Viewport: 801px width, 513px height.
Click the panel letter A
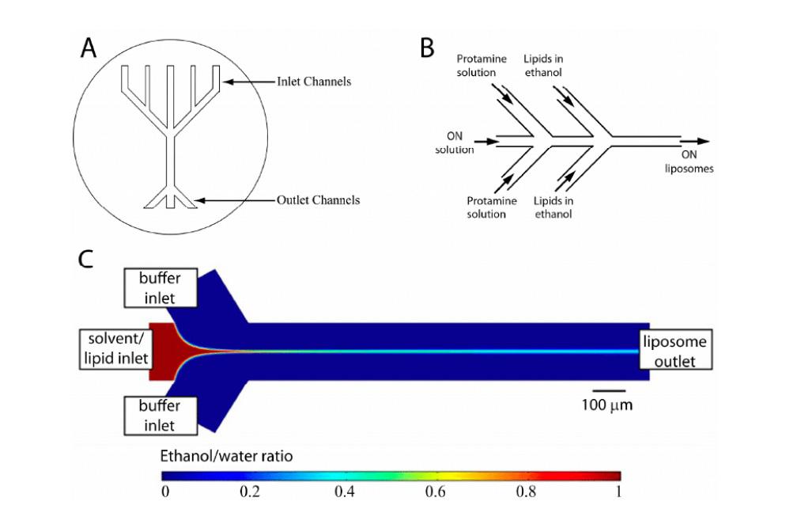pos(89,48)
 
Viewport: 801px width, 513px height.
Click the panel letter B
pos(427,48)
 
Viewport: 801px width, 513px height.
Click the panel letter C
pos(85,260)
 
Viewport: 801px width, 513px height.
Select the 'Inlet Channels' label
pos(314,82)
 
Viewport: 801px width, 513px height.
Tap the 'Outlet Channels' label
pos(318,200)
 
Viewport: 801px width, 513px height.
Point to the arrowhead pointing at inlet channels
pos(227,82)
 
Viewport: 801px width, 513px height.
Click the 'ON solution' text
pos(454,142)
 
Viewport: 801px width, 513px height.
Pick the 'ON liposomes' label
pos(690,161)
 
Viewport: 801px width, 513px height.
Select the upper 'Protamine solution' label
pos(482,66)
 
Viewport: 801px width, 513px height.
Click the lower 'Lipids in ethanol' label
pos(554,207)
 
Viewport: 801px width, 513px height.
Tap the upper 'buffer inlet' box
pos(161,288)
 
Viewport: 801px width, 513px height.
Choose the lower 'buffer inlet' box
pos(161,416)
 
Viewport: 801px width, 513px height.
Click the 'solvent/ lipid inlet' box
pos(116,348)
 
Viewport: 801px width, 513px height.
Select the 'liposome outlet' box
pos(675,351)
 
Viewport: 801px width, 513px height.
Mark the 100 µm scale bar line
pos(608,391)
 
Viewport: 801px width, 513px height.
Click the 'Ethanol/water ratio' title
pos(227,456)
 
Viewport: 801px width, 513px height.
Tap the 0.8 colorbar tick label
pos(526,492)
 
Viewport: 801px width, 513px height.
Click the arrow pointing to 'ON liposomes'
pos(695,141)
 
